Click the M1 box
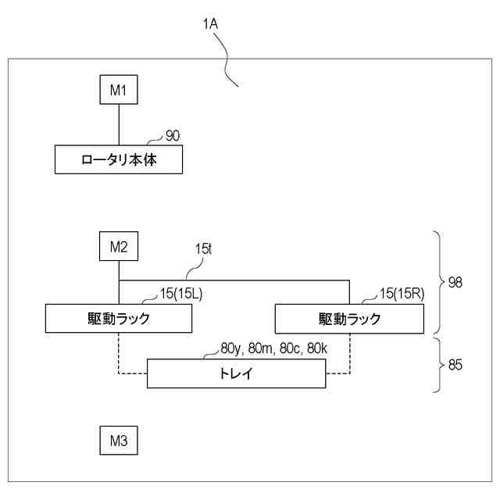point(118,90)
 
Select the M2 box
point(118,247)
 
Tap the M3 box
point(118,441)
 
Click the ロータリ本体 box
point(119,160)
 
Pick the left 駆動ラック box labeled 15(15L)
point(119,318)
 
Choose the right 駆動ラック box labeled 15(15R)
point(349,318)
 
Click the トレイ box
point(237,374)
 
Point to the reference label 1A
point(209,25)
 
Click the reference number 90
point(173,135)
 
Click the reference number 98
point(455,282)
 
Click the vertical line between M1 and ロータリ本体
point(118,124)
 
